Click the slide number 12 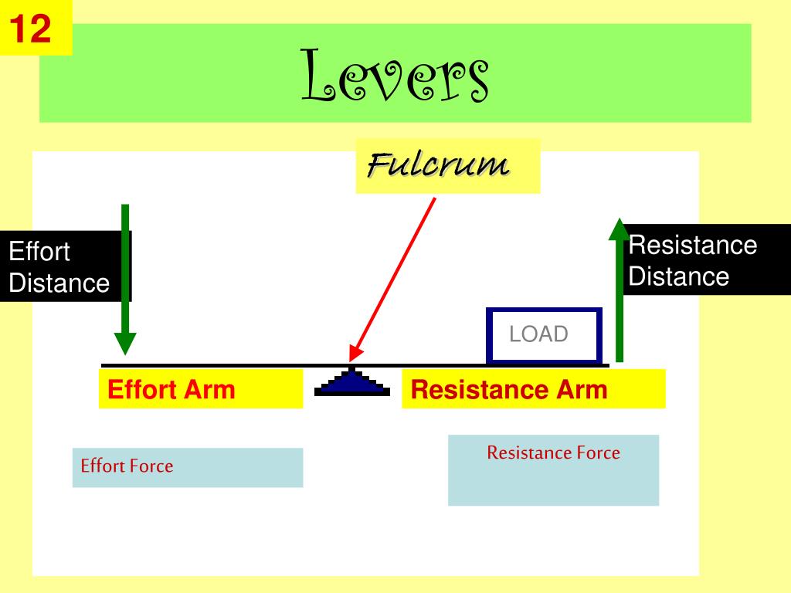pos(31,29)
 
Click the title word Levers pos(395,75)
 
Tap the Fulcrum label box pos(447,165)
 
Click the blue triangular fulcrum pos(353,384)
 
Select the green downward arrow pos(125,278)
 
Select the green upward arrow pos(619,290)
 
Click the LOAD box pos(544,335)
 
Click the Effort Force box pos(188,467)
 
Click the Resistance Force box pos(553,469)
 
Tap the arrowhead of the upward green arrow pos(619,229)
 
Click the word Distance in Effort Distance pos(59,283)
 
